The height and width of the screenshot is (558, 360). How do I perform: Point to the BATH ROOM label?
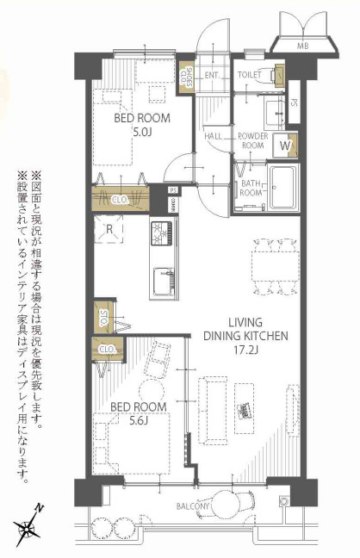pyautogui.click(x=251, y=187)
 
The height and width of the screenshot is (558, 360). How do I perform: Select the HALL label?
pyautogui.click(x=214, y=136)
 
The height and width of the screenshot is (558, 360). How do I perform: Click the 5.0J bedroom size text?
pyautogui.click(x=142, y=133)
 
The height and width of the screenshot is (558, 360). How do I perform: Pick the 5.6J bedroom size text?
pyautogui.click(x=139, y=421)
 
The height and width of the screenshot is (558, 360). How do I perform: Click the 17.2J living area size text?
pyautogui.click(x=245, y=352)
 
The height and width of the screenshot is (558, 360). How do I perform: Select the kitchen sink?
pyautogui.click(x=163, y=281)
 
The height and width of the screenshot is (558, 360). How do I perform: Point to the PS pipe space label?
pyautogui.click(x=173, y=191)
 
